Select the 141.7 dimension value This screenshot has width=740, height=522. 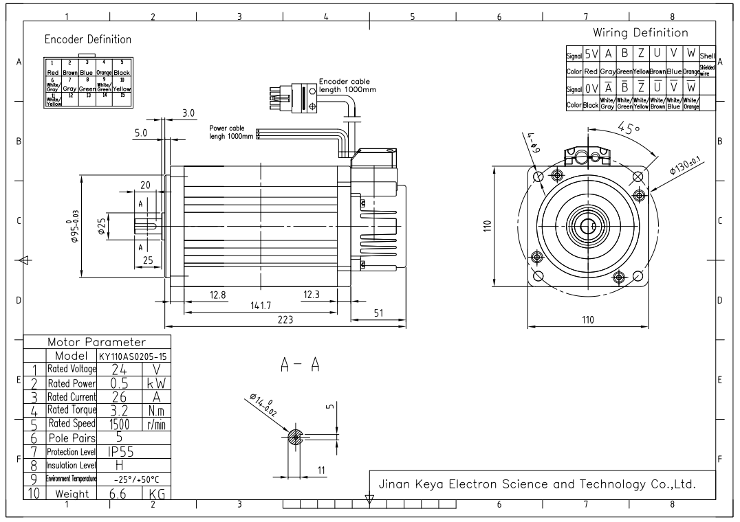(x=259, y=306)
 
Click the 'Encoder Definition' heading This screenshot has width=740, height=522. (x=87, y=39)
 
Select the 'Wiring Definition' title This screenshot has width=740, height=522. (x=640, y=33)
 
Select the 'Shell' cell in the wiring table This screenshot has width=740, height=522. (x=708, y=56)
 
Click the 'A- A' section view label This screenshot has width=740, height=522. (x=298, y=366)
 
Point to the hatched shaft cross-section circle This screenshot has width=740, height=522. (x=295, y=437)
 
